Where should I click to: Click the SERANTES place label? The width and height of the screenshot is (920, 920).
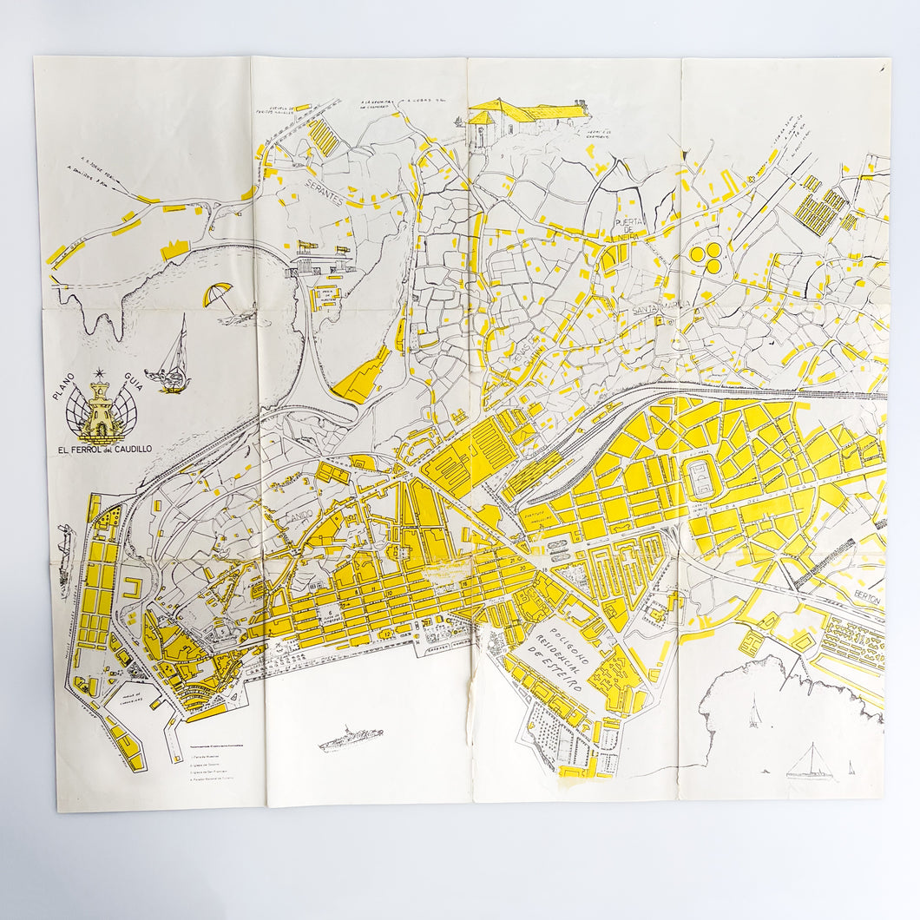319,198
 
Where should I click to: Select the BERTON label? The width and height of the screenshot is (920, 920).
865,600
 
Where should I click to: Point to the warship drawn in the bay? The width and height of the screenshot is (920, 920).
351,739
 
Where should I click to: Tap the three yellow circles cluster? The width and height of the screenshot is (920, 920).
705,258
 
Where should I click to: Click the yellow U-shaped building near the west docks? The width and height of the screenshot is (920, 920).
131,590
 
